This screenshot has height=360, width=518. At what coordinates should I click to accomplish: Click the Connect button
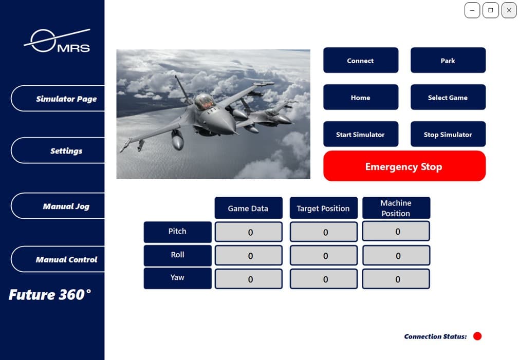(x=360, y=61)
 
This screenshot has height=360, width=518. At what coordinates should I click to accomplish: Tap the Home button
(x=360, y=98)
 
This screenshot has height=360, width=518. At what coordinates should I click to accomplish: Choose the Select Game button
(x=448, y=98)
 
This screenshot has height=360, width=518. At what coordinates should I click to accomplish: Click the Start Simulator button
(x=360, y=135)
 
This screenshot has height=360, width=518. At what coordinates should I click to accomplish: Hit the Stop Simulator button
(x=448, y=135)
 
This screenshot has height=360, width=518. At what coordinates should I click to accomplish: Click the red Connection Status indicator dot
(x=477, y=336)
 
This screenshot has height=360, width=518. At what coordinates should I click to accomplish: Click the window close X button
(x=509, y=10)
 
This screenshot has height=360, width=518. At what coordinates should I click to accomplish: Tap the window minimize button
(x=472, y=10)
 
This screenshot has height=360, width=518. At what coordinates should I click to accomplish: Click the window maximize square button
(x=491, y=10)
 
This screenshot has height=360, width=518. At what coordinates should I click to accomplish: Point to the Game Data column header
(x=248, y=209)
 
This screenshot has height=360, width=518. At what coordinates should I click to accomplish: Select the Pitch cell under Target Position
(x=324, y=232)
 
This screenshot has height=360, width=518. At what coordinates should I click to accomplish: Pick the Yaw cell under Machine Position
(x=396, y=279)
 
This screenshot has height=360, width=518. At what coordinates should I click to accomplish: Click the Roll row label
(x=177, y=255)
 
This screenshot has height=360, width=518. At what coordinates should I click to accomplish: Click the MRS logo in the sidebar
(x=58, y=41)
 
